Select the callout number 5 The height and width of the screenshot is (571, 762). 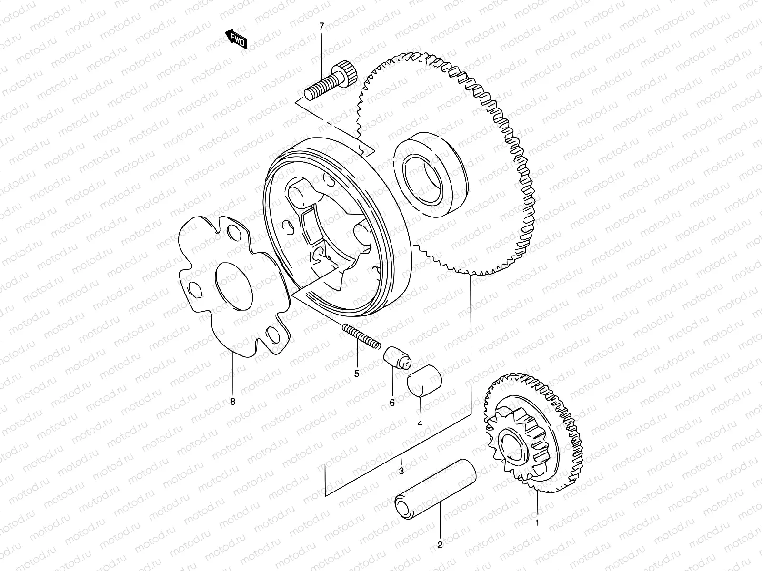pyautogui.click(x=357, y=374)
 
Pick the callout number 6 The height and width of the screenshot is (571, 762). pyautogui.click(x=392, y=403)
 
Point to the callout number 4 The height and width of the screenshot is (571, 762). pyautogui.click(x=420, y=423)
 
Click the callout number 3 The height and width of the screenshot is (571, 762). pyautogui.click(x=401, y=471)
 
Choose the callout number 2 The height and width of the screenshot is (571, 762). pyautogui.click(x=440, y=545)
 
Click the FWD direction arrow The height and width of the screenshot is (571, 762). pyautogui.click(x=237, y=40)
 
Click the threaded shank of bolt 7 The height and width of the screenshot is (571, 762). pyautogui.click(x=321, y=89)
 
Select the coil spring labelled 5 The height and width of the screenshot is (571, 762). pyautogui.click(x=361, y=334)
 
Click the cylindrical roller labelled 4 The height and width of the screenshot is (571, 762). pyautogui.click(x=425, y=381)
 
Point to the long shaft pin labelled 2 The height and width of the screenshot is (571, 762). pyautogui.click(x=436, y=488)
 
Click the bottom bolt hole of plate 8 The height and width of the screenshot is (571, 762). pyautogui.click(x=273, y=335)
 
